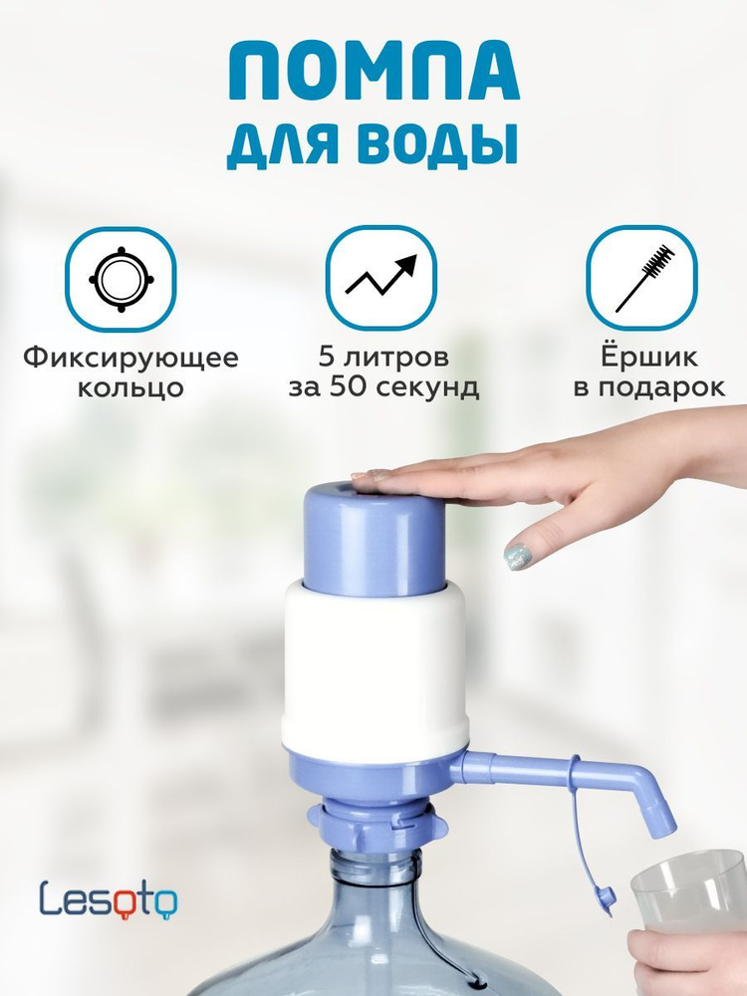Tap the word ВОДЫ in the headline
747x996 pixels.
click(x=442, y=144)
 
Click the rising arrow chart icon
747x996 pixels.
click(x=381, y=277)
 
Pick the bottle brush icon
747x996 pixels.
click(x=641, y=277)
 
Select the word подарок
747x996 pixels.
click(x=664, y=387)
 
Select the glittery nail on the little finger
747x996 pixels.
click(x=518, y=557)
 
